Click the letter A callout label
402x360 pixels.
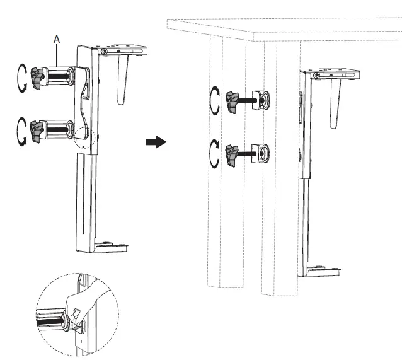pyautogui.click(x=57, y=39)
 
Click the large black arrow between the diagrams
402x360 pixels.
pyautogui.click(x=155, y=142)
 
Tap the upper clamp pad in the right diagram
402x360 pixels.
pyautogui.click(x=261, y=100)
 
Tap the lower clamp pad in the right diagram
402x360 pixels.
pyautogui.click(x=261, y=153)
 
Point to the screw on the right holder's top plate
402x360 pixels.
pyautogui.click(x=316, y=76)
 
